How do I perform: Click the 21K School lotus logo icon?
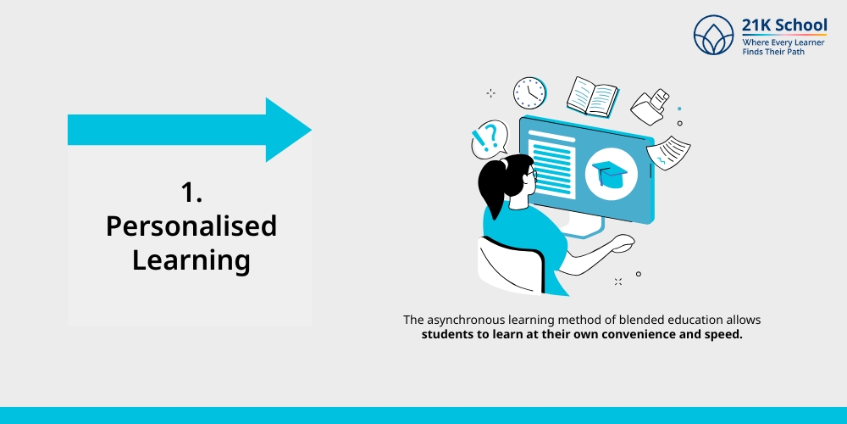713,35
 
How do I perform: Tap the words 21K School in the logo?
784,25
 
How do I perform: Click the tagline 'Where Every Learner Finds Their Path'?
783,47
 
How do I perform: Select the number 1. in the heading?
191,192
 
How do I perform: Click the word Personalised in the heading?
191,226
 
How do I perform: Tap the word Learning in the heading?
191,259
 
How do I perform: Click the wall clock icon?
529,92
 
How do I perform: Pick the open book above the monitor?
593,96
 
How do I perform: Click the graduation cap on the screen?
610,172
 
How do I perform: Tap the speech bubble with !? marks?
488,138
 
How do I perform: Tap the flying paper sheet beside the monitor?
669,152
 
